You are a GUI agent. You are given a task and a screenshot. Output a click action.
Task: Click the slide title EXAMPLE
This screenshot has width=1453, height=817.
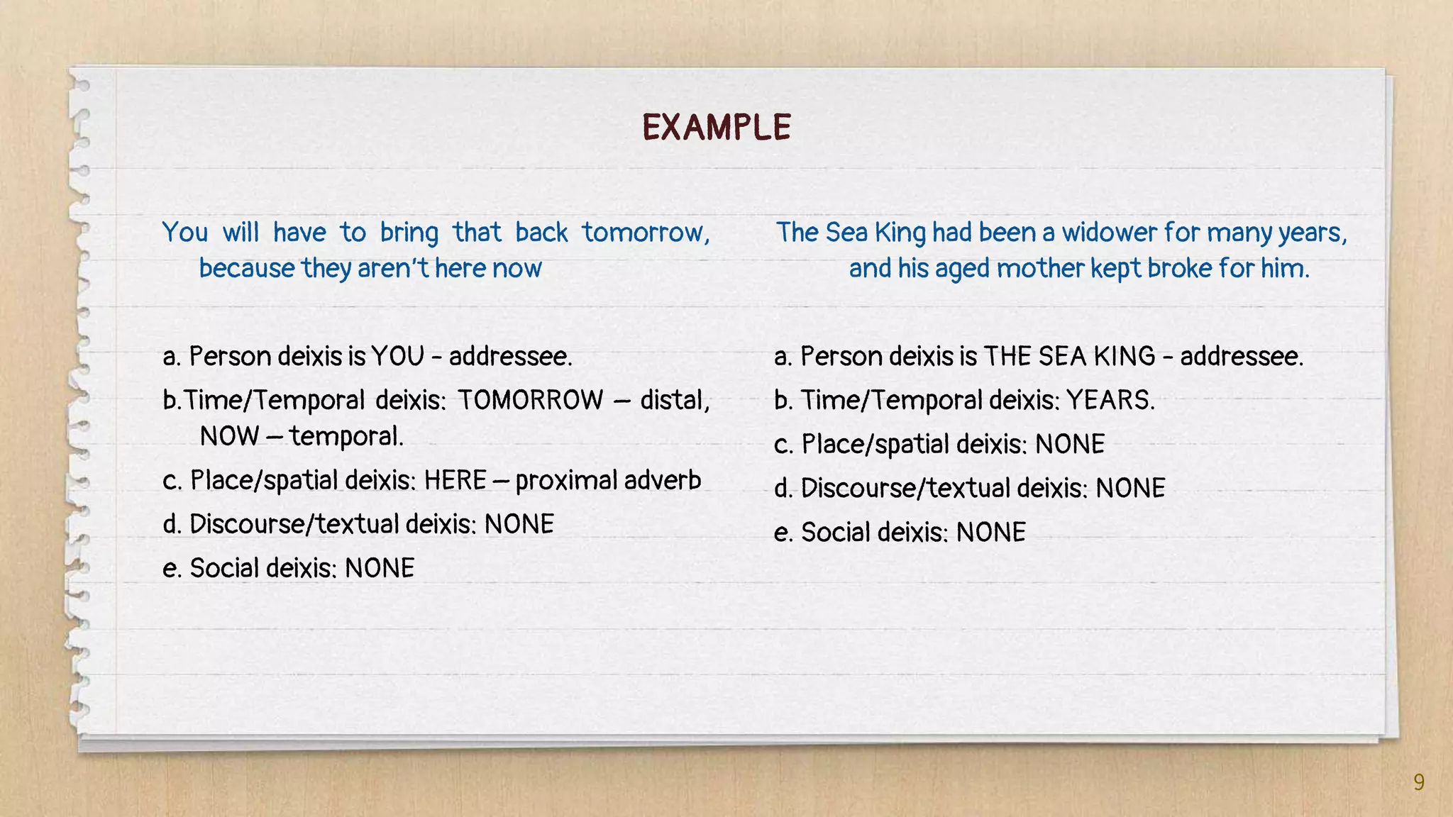click(717, 128)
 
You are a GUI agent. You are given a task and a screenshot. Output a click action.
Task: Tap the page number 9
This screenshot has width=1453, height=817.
click(1418, 782)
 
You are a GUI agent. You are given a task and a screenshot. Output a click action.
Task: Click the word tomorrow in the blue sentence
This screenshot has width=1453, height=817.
click(645, 233)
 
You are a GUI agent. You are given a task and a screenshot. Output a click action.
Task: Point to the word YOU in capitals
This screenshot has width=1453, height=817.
click(397, 356)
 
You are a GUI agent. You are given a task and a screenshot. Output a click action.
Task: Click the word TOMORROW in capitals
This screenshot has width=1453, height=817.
click(530, 400)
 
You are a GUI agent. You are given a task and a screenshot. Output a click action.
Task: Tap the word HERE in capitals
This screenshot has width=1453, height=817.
click(455, 481)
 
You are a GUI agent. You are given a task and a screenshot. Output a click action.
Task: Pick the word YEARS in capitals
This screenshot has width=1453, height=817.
click(1110, 401)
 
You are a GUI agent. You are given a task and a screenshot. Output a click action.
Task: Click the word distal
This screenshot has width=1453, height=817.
click(674, 400)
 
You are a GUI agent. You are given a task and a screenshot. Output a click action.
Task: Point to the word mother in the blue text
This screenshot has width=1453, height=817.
click(1040, 269)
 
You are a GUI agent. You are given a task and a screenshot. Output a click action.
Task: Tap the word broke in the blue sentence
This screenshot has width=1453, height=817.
click(1180, 269)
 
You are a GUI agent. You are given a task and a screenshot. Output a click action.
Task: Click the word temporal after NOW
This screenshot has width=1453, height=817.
click(346, 436)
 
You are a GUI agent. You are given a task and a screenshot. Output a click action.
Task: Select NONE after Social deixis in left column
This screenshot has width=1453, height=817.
click(380, 568)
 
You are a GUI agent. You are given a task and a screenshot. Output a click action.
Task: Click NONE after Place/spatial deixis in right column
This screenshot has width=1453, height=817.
click(1070, 445)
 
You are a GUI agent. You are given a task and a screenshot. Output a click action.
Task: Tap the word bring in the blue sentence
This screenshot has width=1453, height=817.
click(409, 233)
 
